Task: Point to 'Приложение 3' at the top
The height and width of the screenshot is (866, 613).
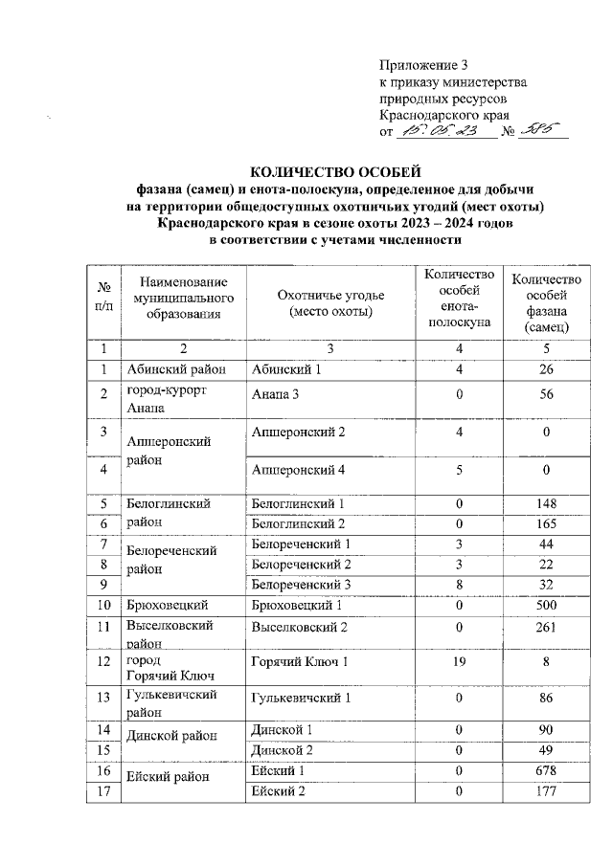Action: pos(422,66)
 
